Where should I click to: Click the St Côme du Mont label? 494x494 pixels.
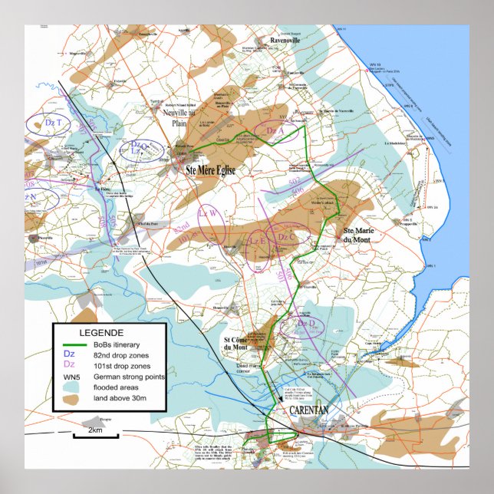238,344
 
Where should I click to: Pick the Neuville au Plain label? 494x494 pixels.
185,117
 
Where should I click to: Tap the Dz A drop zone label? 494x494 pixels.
275,131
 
